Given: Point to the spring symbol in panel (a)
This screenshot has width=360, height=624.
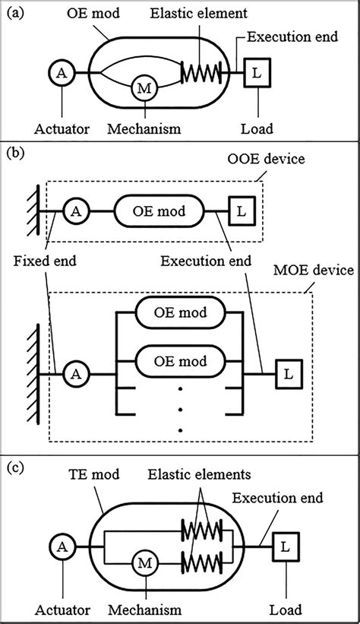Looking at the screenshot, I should click(201, 74).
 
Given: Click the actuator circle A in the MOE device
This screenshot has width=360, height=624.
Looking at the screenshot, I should click(74, 373).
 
